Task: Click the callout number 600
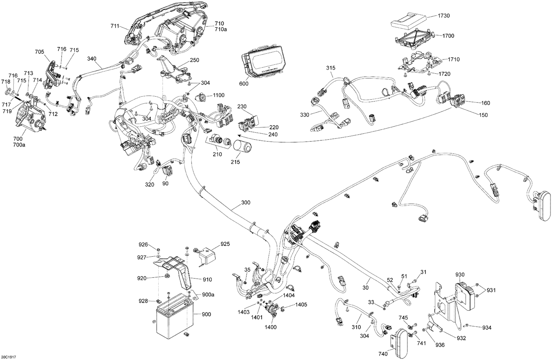tap(244, 84)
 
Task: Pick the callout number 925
tap(225, 244)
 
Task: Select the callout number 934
tap(487, 327)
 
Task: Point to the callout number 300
tap(245, 203)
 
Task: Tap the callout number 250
tap(195, 60)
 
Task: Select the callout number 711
tap(115, 26)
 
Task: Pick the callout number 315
tap(331, 68)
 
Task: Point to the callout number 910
tap(207, 279)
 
